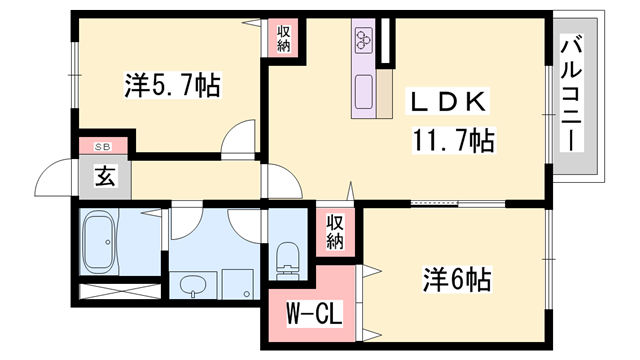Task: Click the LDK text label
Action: [445, 102]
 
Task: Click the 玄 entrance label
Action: [103, 178]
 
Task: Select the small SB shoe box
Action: [102, 147]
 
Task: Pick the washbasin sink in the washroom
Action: [194, 287]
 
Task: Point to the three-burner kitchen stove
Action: [362, 40]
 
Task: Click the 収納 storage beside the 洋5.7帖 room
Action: [283, 39]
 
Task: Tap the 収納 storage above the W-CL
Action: [335, 232]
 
